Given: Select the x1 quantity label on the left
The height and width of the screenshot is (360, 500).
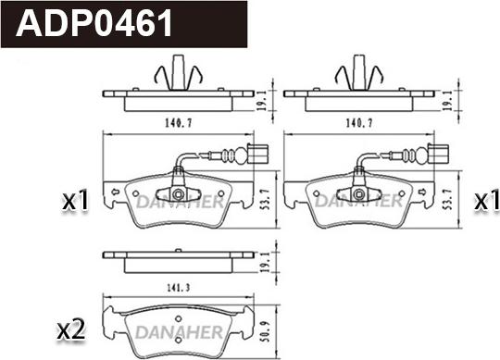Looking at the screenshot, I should tap(73, 200).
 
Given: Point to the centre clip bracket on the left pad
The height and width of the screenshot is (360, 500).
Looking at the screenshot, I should tap(175, 195).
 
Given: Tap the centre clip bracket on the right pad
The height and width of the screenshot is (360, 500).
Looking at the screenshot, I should tap(357, 195).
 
